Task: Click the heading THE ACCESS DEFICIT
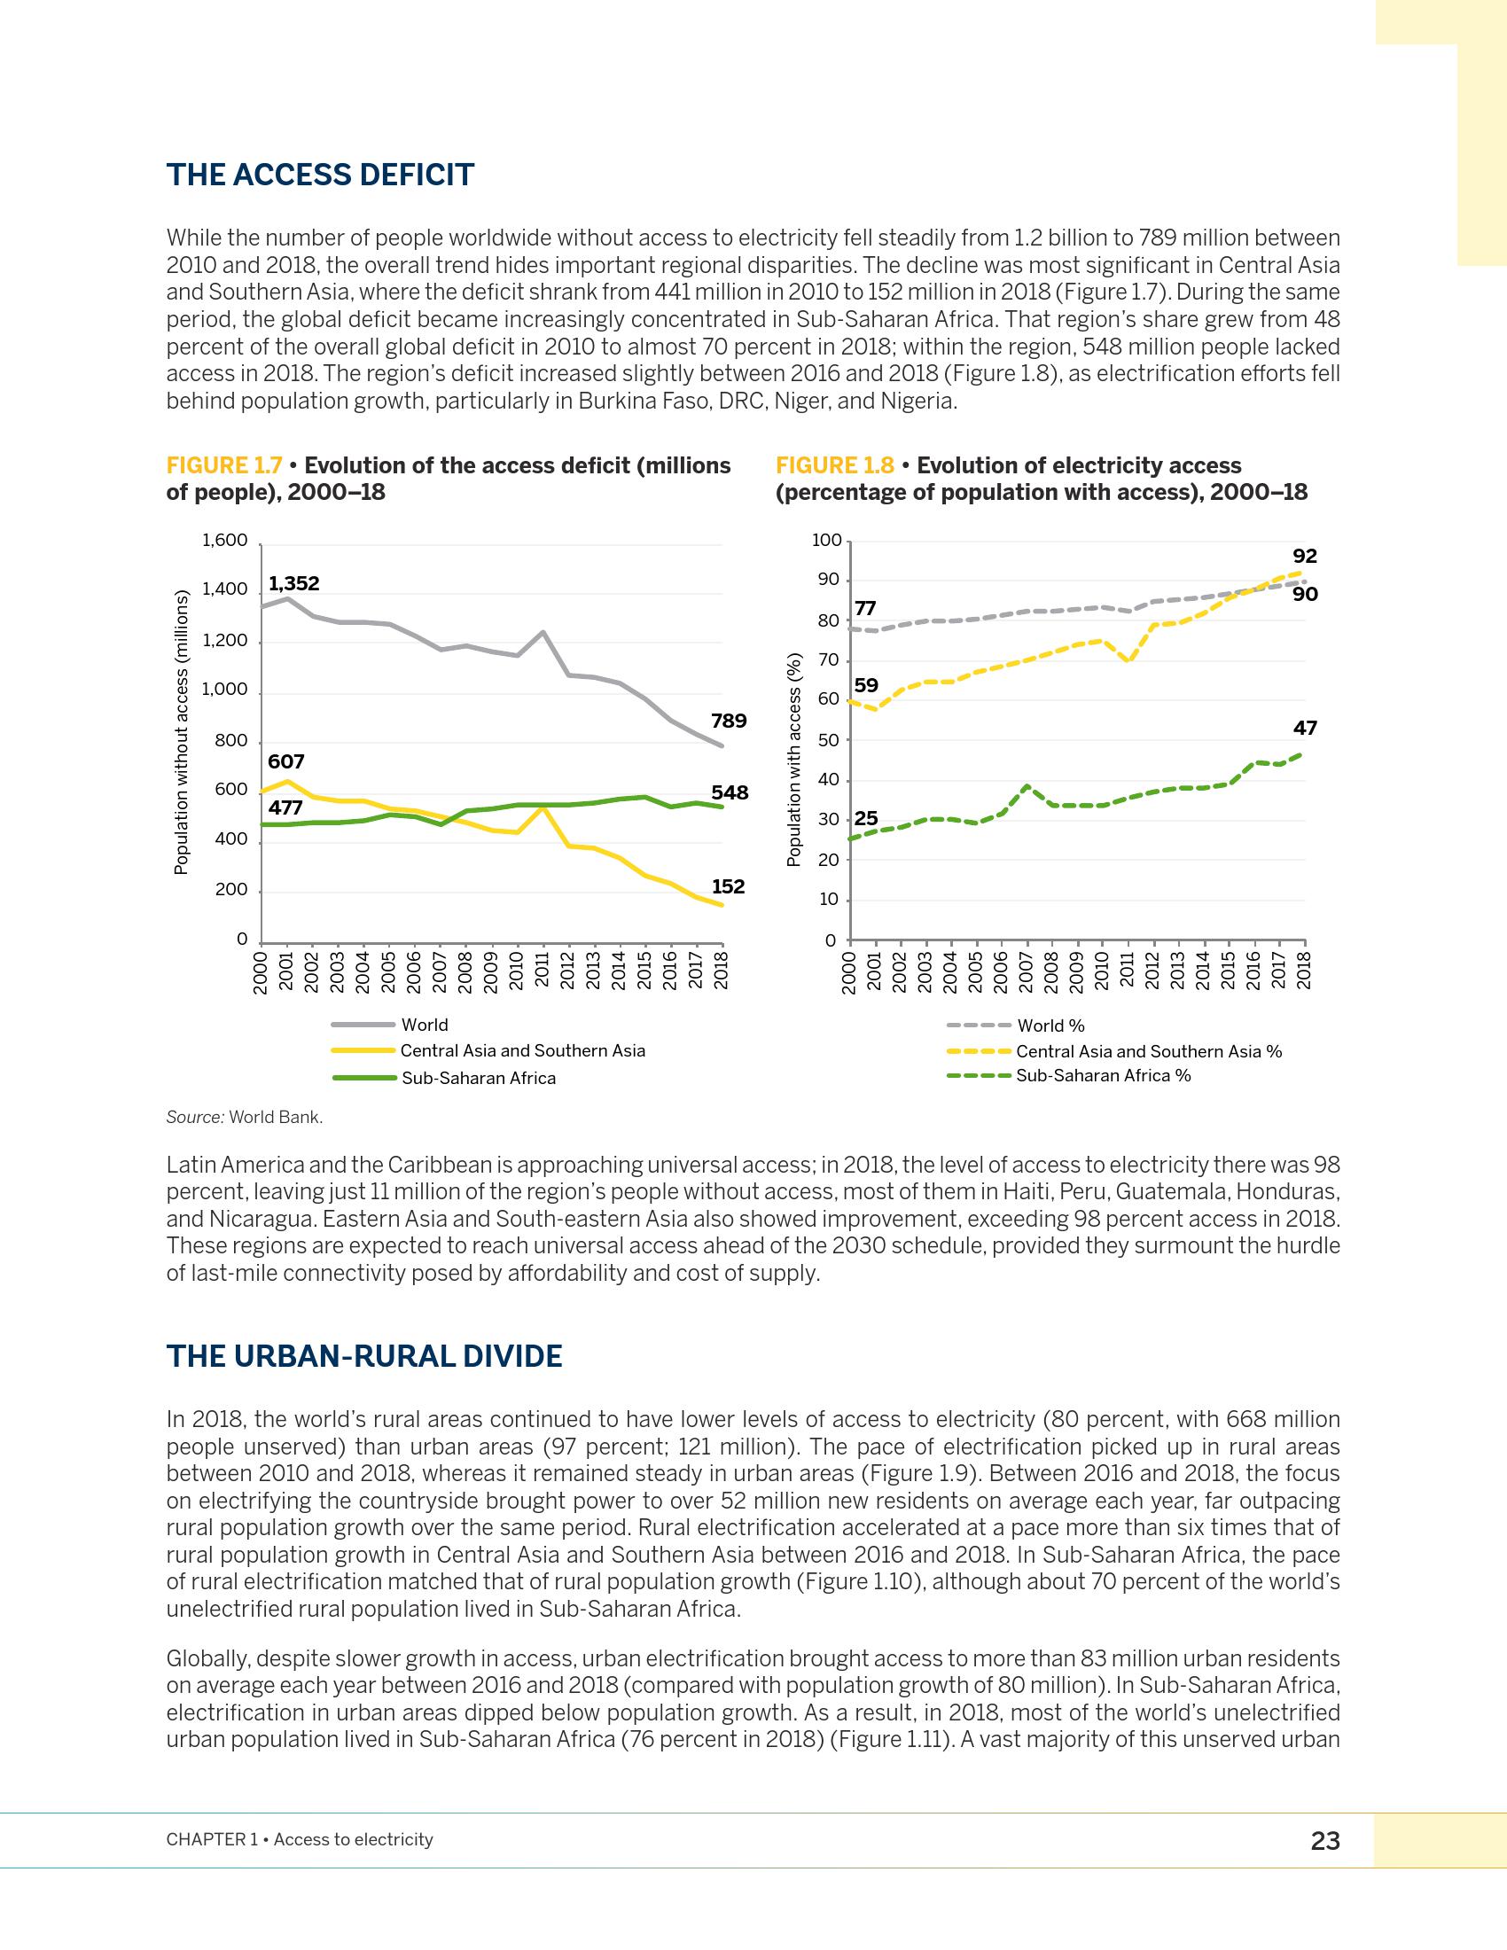pyautogui.click(x=320, y=175)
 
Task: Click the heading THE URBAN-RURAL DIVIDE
pyautogui.click(x=364, y=1356)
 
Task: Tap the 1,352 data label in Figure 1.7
pyautogui.click(x=293, y=583)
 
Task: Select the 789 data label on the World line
pyautogui.click(x=729, y=721)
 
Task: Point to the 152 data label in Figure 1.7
pyautogui.click(x=729, y=886)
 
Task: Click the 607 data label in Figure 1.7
pyautogui.click(x=285, y=761)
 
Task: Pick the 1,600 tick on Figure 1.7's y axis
pyautogui.click(x=224, y=540)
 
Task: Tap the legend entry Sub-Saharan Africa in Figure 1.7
pyautogui.click(x=478, y=1078)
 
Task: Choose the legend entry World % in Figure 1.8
pyautogui.click(x=1050, y=1026)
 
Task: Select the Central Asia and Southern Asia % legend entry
pyautogui.click(x=1148, y=1051)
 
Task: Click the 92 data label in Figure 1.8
pyautogui.click(x=1304, y=557)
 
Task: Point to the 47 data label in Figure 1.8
pyautogui.click(x=1304, y=728)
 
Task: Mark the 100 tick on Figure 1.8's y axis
pyautogui.click(x=826, y=540)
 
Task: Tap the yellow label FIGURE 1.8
pyautogui.click(x=834, y=465)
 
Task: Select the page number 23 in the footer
pyautogui.click(x=1325, y=1840)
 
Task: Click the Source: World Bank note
pyautogui.click(x=245, y=1117)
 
